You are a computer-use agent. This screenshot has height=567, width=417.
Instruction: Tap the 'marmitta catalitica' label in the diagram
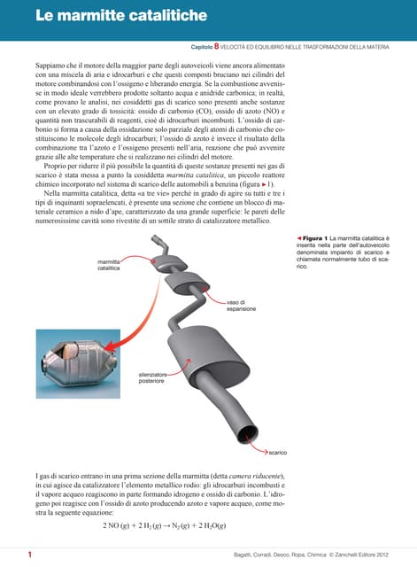(110, 264)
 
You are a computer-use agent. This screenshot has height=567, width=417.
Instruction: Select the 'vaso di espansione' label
(240, 306)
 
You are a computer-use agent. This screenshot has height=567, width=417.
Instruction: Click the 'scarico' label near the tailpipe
(277, 452)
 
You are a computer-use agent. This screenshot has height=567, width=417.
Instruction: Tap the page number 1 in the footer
(30, 555)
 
